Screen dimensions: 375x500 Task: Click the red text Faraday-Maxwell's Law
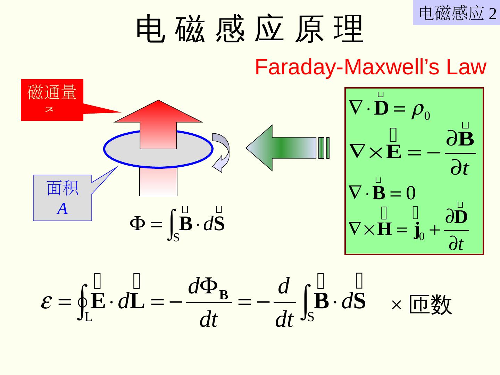point(370,67)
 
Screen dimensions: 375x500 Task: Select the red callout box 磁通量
point(52,100)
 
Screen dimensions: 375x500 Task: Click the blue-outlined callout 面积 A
point(62,198)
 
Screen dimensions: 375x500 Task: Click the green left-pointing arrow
point(278,148)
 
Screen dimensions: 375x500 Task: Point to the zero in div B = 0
point(411,193)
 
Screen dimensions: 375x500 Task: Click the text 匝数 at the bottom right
point(431,305)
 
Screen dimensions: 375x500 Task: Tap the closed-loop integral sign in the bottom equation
point(83,302)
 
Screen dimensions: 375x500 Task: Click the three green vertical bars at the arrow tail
point(324,148)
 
